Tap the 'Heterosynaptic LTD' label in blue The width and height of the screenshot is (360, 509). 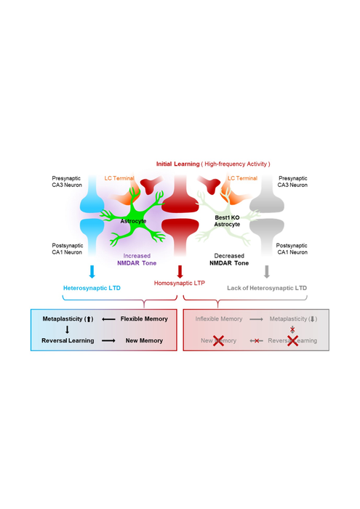point(92,288)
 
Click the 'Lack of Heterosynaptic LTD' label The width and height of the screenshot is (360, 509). point(266,288)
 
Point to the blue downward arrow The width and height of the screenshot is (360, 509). point(92,272)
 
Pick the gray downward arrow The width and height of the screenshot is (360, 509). point(267,272)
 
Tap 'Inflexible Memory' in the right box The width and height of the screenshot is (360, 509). point(218,318)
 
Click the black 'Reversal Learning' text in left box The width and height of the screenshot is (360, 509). point(67,340)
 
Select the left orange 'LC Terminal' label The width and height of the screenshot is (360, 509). point(119,177)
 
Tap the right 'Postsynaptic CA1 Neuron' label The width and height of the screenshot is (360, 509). point(292,250)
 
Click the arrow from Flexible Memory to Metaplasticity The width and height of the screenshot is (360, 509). point(108,318)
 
